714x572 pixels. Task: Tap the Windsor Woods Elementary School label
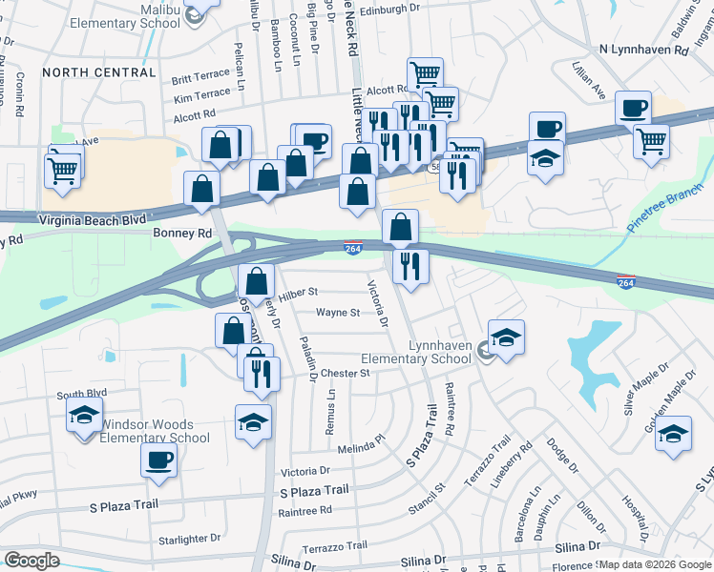click(x=155, y=431)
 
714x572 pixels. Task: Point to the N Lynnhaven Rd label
click(x=644, y=49)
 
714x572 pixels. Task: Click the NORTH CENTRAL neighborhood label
click(x=99, y=71)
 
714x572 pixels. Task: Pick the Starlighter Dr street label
click(x=189, y=540)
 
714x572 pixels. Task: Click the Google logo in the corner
click(x=31, y=561)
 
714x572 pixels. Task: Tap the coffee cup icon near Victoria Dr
click(x=158, y=461)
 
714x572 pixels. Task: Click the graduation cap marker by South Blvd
click(x=84, y=416)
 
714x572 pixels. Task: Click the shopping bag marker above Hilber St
click(x=257, y=281)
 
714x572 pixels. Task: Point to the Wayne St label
click(x=338, y=312)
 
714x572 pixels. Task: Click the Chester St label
click(x=345, y=374)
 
